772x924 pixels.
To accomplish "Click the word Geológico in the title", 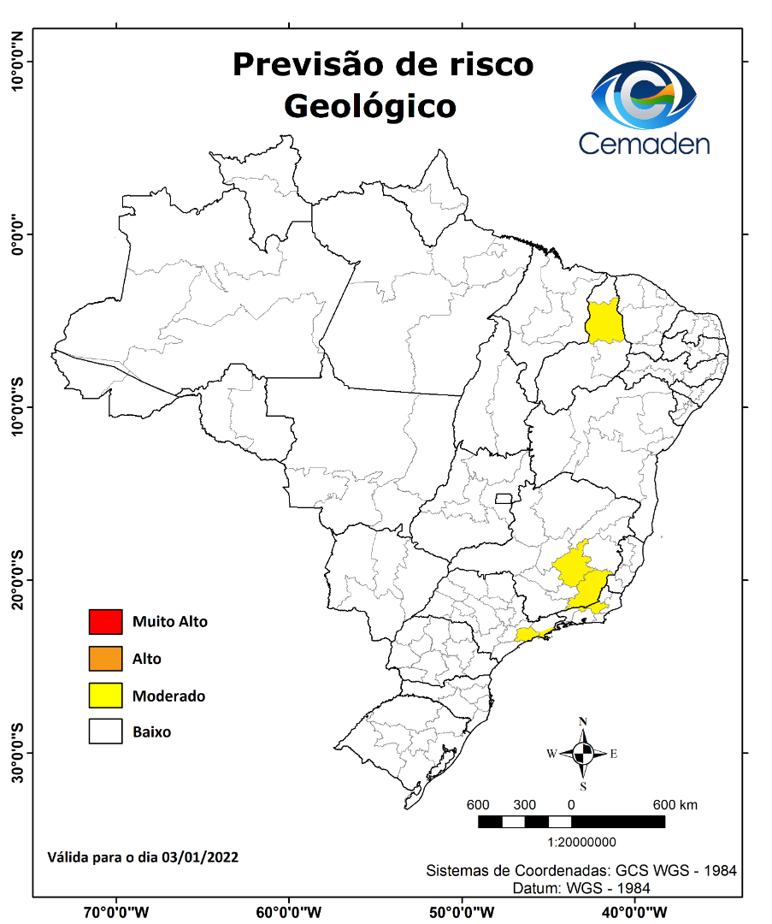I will [369, 106].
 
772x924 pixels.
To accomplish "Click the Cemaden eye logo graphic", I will [645, 94].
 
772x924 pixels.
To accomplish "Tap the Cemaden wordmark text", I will [645, 142].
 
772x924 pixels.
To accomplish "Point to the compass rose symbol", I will [583, 754].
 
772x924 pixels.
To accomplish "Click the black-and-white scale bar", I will [571, 822].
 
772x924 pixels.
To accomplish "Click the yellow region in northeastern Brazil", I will [604, 322].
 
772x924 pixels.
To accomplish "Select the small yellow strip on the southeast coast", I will [533, 633].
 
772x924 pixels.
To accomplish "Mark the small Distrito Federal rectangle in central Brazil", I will [504, 498].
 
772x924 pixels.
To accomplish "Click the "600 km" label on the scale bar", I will [675, 805].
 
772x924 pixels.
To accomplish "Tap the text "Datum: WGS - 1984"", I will [581, 888].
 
